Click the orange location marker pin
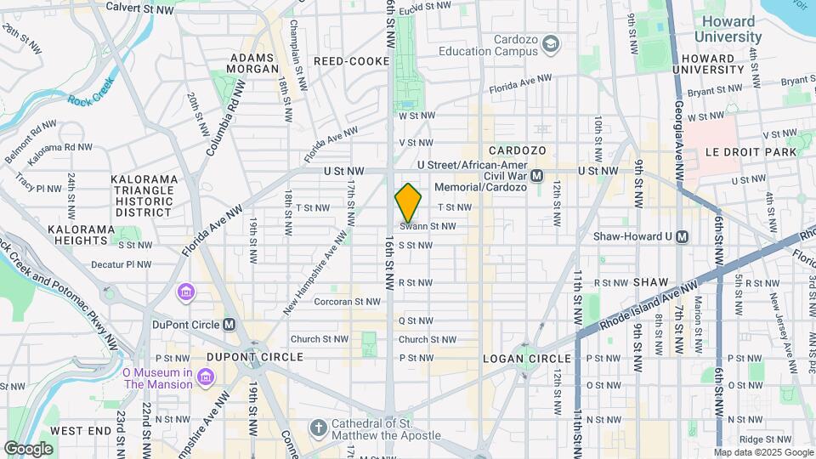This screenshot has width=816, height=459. point(408,203)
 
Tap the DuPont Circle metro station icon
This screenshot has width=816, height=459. point(229,325)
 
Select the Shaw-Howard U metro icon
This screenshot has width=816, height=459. point(682,237)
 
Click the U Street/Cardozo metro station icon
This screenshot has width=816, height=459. point(536,176)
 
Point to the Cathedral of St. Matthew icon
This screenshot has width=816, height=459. point(318,427)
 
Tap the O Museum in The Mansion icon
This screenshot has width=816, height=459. point(205,376)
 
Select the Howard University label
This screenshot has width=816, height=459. point(728,30)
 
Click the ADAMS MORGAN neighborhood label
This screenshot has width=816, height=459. point(252,64)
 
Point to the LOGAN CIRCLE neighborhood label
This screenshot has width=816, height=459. point(518,358)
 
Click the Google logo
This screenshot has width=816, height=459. point(29,448)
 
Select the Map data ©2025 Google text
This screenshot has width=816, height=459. point(762,452)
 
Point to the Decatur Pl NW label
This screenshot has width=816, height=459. point(122,264)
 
